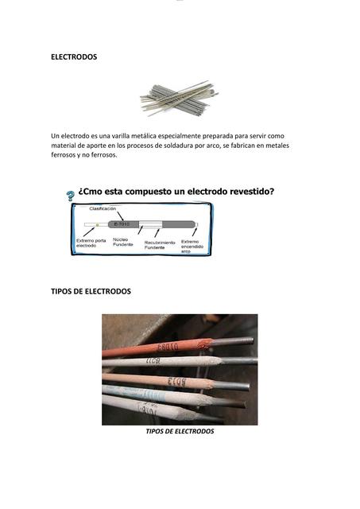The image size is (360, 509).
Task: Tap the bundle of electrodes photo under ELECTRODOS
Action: (179, 99)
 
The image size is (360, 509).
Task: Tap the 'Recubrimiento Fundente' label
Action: (160, 245)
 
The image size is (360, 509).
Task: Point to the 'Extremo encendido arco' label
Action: (192, 246)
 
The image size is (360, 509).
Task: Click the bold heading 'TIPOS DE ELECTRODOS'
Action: (91, 291)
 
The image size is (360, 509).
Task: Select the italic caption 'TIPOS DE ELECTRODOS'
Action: (180, 431)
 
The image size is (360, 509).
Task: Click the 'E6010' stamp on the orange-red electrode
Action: (168, 348)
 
